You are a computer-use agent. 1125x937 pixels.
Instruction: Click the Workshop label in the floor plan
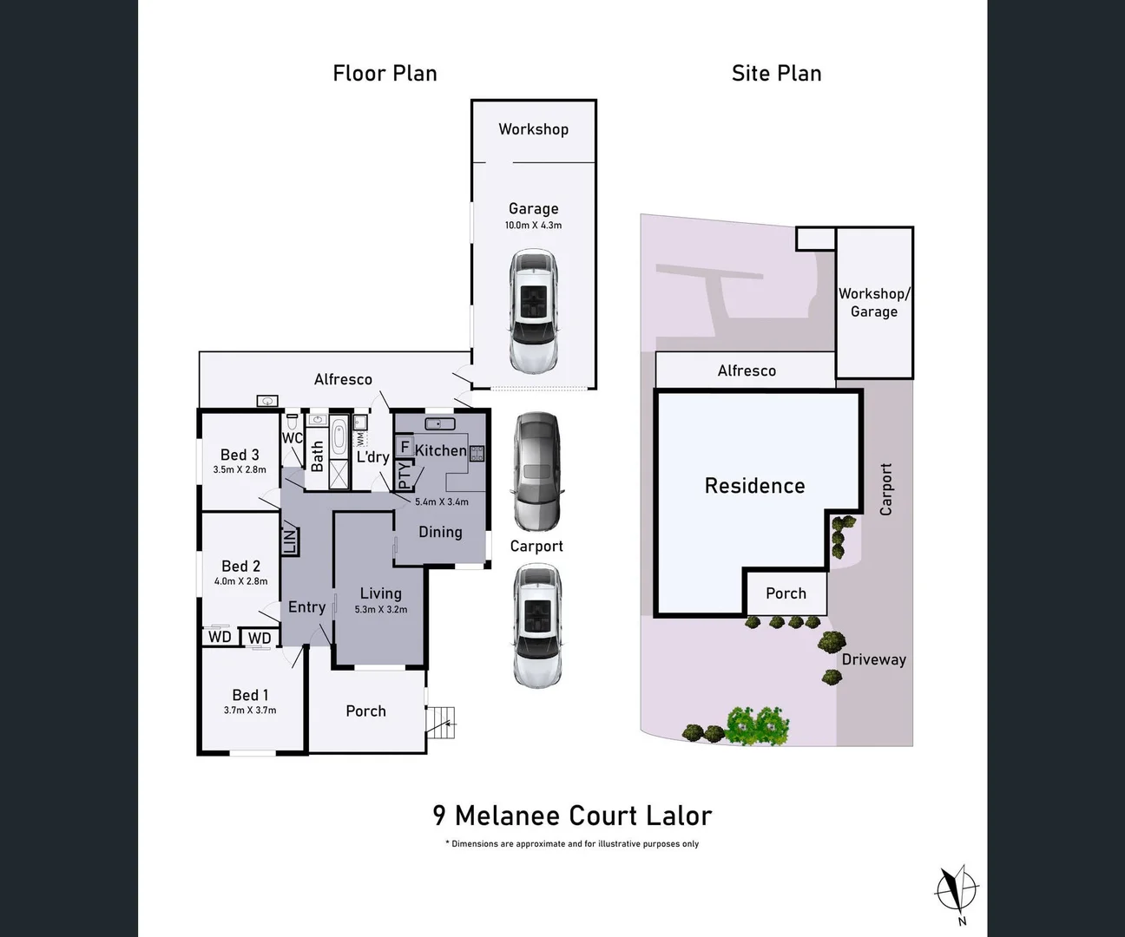click(x=533, y=129)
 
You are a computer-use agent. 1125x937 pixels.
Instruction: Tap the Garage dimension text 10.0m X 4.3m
click(x=533, y=225)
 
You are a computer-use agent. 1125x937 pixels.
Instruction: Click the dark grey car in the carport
click(x=536, y=470)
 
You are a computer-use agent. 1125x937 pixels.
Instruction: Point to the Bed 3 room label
click(x=240, y=455)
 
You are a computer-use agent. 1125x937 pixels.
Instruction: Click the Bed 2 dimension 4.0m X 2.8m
click(x=240, y=581)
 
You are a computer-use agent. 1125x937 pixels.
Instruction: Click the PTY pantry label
click(x=404, y=475)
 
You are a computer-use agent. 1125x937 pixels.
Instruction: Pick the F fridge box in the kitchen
click(x=405, y=448)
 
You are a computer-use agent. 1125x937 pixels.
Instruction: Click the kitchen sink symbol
click(x=440, y=423)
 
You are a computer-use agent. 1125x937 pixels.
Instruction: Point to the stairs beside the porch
click(x=441, y=722)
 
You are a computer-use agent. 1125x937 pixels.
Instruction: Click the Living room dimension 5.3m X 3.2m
click(x=380, y=609)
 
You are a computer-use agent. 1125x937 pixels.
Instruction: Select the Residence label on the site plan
click(x=754, y=486)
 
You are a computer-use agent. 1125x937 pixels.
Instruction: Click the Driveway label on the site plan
click(x=873, y=659)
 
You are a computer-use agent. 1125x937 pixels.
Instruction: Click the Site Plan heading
click(x=776, y=74)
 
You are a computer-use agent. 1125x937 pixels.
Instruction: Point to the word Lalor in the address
click(x=679, y=816)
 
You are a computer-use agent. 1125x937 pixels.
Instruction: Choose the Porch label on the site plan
click(x=786, y=593)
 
